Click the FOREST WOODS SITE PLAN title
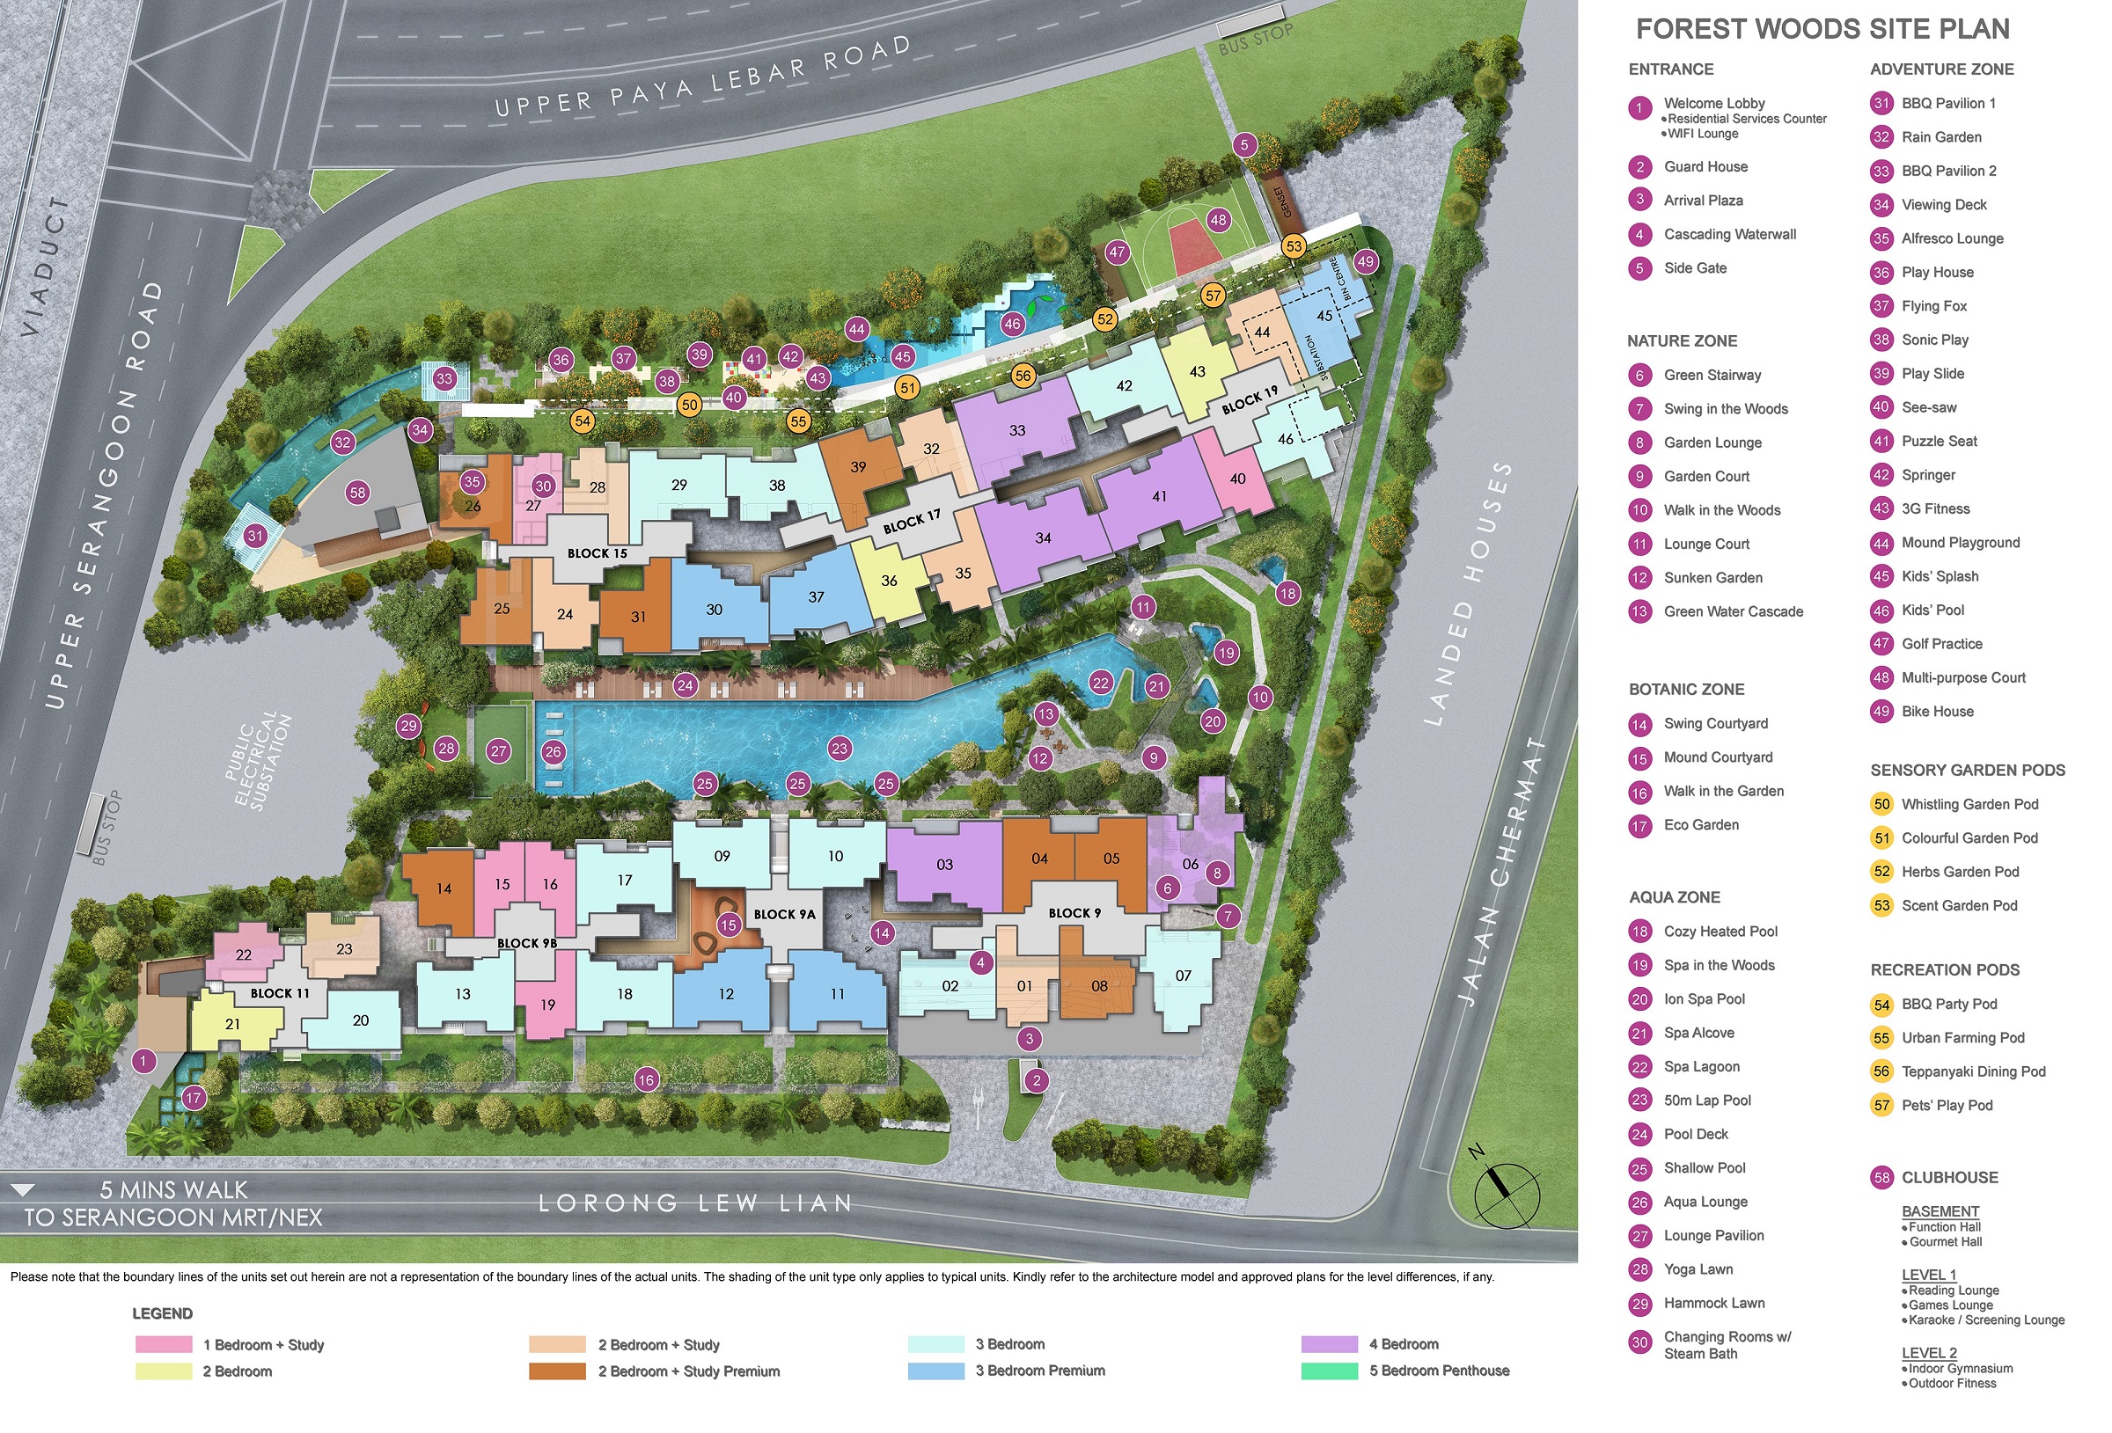point(1822,29)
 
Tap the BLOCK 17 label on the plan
point(912,521)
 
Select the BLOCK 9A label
point(784,914)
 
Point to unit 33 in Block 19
point(1017,430)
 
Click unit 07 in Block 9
point(1183,975)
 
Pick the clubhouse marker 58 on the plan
point(358,493)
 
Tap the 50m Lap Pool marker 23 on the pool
point(839,749)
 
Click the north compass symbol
point(1506,1191)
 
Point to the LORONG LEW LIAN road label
point(695,1203)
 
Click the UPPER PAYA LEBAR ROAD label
point(701,78)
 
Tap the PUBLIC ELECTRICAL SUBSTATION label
point(259,762)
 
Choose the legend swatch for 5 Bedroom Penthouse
point(1329,1371)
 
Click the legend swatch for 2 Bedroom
point(164,1371)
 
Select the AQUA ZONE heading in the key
point(1674,897)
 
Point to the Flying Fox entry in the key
point(1934,306)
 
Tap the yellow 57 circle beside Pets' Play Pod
point(1881,1105)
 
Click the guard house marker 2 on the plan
point(1036,1080)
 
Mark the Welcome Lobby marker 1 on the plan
point(143,1060)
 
